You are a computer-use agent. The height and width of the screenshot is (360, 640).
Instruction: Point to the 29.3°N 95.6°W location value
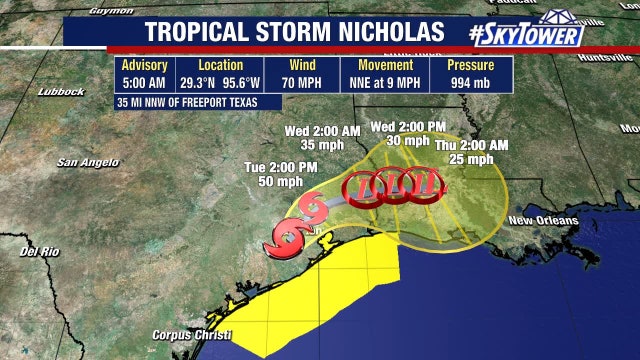220,82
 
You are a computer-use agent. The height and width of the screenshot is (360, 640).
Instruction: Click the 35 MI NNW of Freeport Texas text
199,101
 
